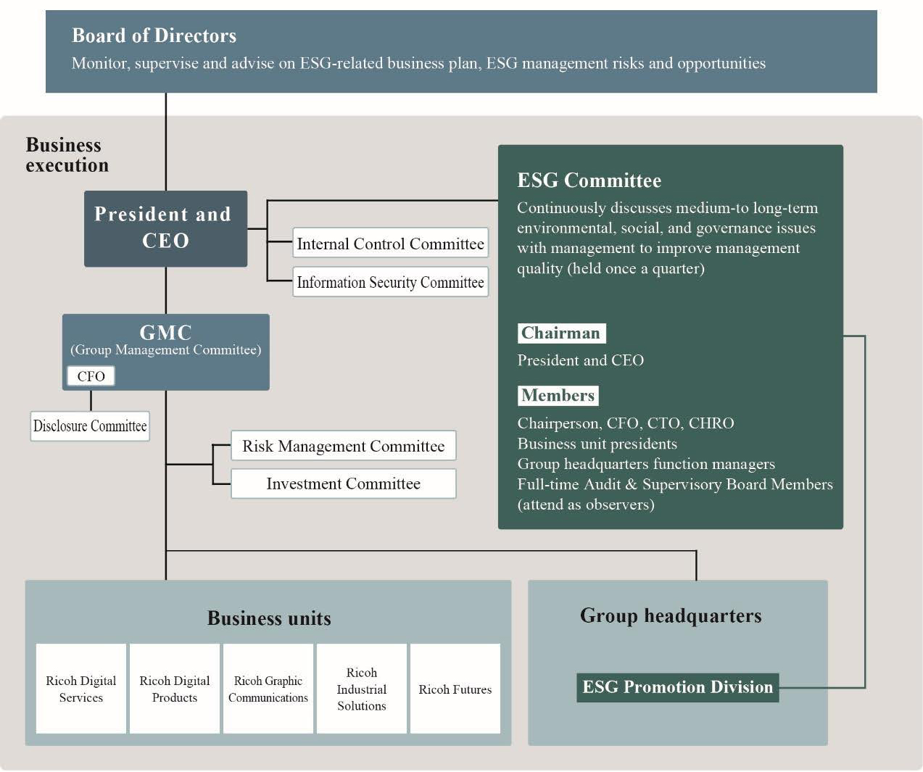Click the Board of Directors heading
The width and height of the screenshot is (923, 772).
pyautogui.click(x=154, y=36)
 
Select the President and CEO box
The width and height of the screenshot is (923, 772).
pyautogui.click(x=165, y=228)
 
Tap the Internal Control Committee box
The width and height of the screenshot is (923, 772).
pyautogui.click(x=390, y=244)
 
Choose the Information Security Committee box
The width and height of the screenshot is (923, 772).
pyautogui.click(x=390, y=282)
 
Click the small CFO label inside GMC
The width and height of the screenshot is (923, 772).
pyautogui.click(x=91, y=376)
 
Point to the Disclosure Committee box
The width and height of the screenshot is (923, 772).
pyautogui.click(x=90, y=426)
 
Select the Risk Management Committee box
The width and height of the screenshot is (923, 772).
pyautogui.click(x=343, y=446)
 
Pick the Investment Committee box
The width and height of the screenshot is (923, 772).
pyautogui.click(x=343, y=483)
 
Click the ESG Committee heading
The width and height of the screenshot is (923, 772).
pyautogui.click(x=589, y=180)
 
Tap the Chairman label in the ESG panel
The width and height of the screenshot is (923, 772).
pyautogui.click(x=561, y=333)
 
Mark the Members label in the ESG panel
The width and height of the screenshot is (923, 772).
pyautogui.click(x=558, y=395)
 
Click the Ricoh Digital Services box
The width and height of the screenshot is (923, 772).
pyautogui.click(x=81, y=689)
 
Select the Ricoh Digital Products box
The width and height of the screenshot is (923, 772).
pyautogui.click(x=175, y=689)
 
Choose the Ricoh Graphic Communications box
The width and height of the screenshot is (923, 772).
pyautogui.click(x=268, y=689)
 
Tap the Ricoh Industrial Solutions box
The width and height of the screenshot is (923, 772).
pyautogui.click(x=362, y=689)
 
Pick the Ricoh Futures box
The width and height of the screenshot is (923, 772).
pyautogui.click(x=455, y=689)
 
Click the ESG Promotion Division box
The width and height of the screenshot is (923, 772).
pyautogui.click(x=677, y=687)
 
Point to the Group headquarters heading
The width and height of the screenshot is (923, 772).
pyautogui.click(x=671, y=615)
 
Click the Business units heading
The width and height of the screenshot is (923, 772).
pyautogui.click(x=269, y=618)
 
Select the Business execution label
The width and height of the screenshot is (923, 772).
pyautogui.click(x=67, y=155)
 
